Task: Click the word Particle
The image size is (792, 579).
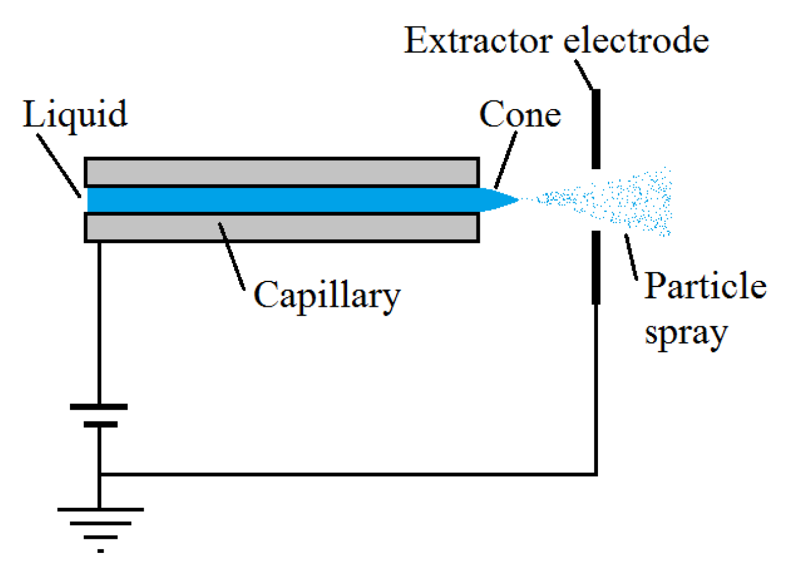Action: pyautogui.click(x=705, y=288)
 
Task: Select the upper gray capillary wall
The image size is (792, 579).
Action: pyautogui.click(x=281, y=172)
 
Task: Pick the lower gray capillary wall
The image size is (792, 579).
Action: pyautogui.click(x=281, y=228)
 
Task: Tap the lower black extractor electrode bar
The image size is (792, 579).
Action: pyautogui.click(x=596, y=267)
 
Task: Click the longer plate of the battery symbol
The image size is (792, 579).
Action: pyautogui.click(x=99, y=407)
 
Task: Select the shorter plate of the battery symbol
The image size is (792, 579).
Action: pyautogui.click(x=99, y=425)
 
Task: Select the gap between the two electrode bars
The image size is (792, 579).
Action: pyautogui.click(x=596, y=200)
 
